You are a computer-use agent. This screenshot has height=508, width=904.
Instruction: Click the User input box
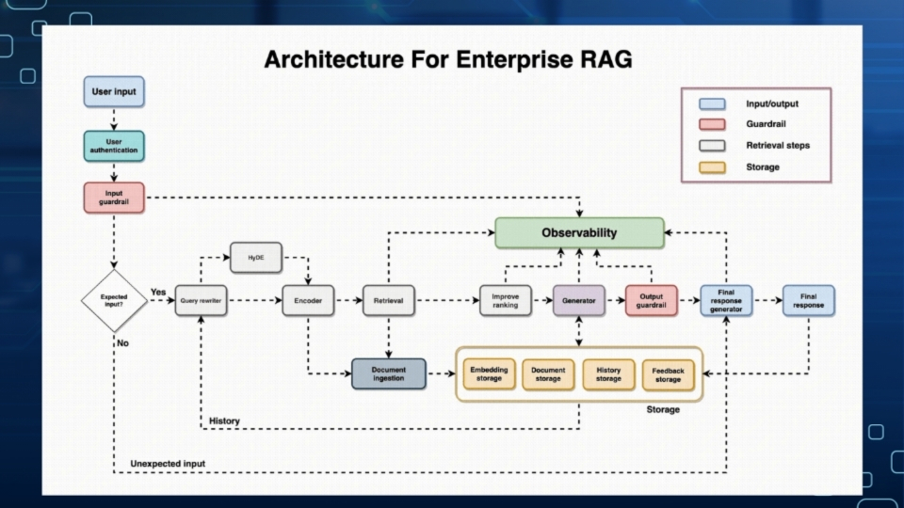pos(114,92)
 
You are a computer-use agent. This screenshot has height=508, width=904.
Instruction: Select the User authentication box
pos(114,146)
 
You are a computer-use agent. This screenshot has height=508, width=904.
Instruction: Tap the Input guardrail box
pos(114,198)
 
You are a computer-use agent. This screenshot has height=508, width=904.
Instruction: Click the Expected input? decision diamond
pos(114,301)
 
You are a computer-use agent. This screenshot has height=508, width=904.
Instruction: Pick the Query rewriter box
pos(202,300)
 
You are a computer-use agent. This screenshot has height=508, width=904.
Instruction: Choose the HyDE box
pos(256,257)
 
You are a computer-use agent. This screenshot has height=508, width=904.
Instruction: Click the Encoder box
pos(309,300)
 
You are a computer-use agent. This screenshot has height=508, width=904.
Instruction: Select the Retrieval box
pos(389,300)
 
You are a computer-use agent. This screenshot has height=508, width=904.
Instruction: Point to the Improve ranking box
pos(506,300)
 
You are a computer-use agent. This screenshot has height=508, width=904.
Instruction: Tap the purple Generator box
pos(578,300)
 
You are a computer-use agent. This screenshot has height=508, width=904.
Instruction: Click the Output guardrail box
pos(651,300)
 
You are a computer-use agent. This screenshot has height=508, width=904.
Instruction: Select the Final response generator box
pos(726,300)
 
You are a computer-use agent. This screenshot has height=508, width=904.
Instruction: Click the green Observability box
pos(579,232)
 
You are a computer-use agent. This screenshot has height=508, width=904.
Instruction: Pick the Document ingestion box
pos(388,373)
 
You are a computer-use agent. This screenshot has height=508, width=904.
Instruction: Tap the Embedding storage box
pos(489,373)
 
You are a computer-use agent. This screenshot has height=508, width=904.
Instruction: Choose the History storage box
pos(608,374)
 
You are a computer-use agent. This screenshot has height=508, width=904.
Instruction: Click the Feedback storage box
pos(669,374)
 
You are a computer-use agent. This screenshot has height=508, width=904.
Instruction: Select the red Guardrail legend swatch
pos(713,124)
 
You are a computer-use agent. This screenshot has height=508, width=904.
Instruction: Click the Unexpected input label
pos(168,464)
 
